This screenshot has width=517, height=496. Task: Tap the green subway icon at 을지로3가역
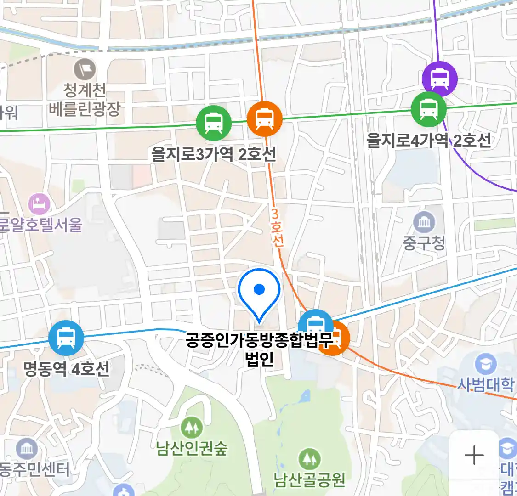(214, 123)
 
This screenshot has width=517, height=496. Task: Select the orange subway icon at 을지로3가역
(264, 119)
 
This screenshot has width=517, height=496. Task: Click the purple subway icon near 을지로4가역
(440, 79)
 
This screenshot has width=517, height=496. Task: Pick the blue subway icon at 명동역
(66, 338)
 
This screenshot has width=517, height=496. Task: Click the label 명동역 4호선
(67, 369)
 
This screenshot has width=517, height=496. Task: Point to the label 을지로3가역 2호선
(214, 154)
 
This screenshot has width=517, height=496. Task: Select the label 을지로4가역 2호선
(429, 140)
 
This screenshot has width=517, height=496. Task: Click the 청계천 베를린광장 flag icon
(85, 70)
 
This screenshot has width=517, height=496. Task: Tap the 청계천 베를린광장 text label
(85, 99)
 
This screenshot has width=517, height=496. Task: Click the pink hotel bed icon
(40, 204)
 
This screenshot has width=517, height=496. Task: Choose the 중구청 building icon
(424, 223)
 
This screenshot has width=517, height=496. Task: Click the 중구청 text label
(424, 242)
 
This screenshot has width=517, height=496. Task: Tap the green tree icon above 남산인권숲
(191, 428)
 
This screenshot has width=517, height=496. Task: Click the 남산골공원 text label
(309, 480)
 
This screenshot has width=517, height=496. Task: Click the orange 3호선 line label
(277, 227)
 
